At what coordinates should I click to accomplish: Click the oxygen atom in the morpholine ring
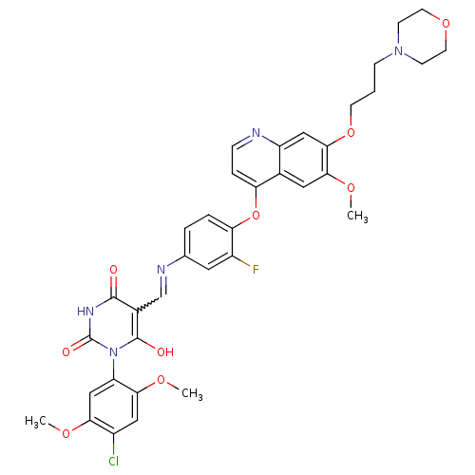(446, 24)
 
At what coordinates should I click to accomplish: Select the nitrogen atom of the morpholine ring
(398, 50)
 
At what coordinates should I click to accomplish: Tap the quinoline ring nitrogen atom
(256, 133)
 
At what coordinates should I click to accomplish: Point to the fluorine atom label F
(256, 270)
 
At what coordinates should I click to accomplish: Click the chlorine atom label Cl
(113, 461)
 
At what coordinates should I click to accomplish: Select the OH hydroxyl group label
(165, 351)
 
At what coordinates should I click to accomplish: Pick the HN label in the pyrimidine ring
(85, 312)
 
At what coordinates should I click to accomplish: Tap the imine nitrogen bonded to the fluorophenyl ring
(161, 270)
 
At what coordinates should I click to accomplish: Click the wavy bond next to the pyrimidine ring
(149, 304)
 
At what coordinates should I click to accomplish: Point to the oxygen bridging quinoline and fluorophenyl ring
(256, 215)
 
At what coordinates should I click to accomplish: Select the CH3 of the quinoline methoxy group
(357, 217)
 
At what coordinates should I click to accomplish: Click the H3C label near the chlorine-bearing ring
(35, 422)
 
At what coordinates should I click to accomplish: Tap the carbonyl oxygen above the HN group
(113, 270)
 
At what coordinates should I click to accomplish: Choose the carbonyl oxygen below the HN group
(66, 351)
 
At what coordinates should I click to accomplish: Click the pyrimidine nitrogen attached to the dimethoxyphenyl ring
(113, 351)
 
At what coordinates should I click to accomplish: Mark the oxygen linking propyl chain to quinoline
(351, 133)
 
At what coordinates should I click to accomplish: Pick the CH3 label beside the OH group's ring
(192, 394)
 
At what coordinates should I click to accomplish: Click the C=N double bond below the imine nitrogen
(163, 286)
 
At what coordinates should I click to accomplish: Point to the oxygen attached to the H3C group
(66, 433)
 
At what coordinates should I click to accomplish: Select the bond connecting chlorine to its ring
(113, 445)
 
